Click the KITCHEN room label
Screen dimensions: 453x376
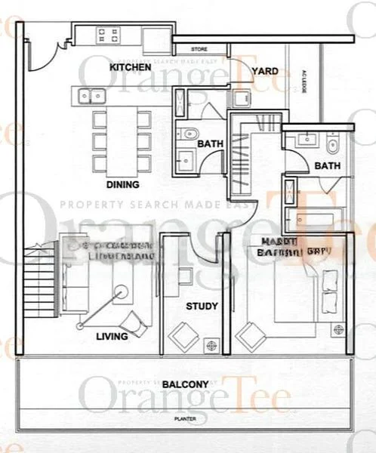[133, 68]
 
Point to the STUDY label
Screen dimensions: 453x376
[202, 307]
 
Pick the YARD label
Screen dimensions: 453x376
[264, 72]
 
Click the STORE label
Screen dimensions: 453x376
[199, 49]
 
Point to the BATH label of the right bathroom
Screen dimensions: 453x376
[328, 166]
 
